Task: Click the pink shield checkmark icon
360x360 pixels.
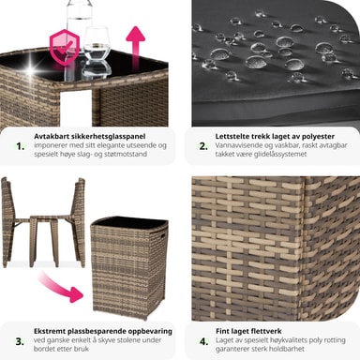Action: (65, 47)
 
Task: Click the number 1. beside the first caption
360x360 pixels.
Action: (21, 146)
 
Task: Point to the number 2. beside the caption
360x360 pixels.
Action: (203, 146)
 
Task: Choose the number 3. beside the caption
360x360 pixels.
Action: (20, 341)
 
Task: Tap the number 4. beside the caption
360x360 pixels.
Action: (204, 341)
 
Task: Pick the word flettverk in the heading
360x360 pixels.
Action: (266, 331)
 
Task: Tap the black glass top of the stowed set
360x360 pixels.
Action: (129, 222)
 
